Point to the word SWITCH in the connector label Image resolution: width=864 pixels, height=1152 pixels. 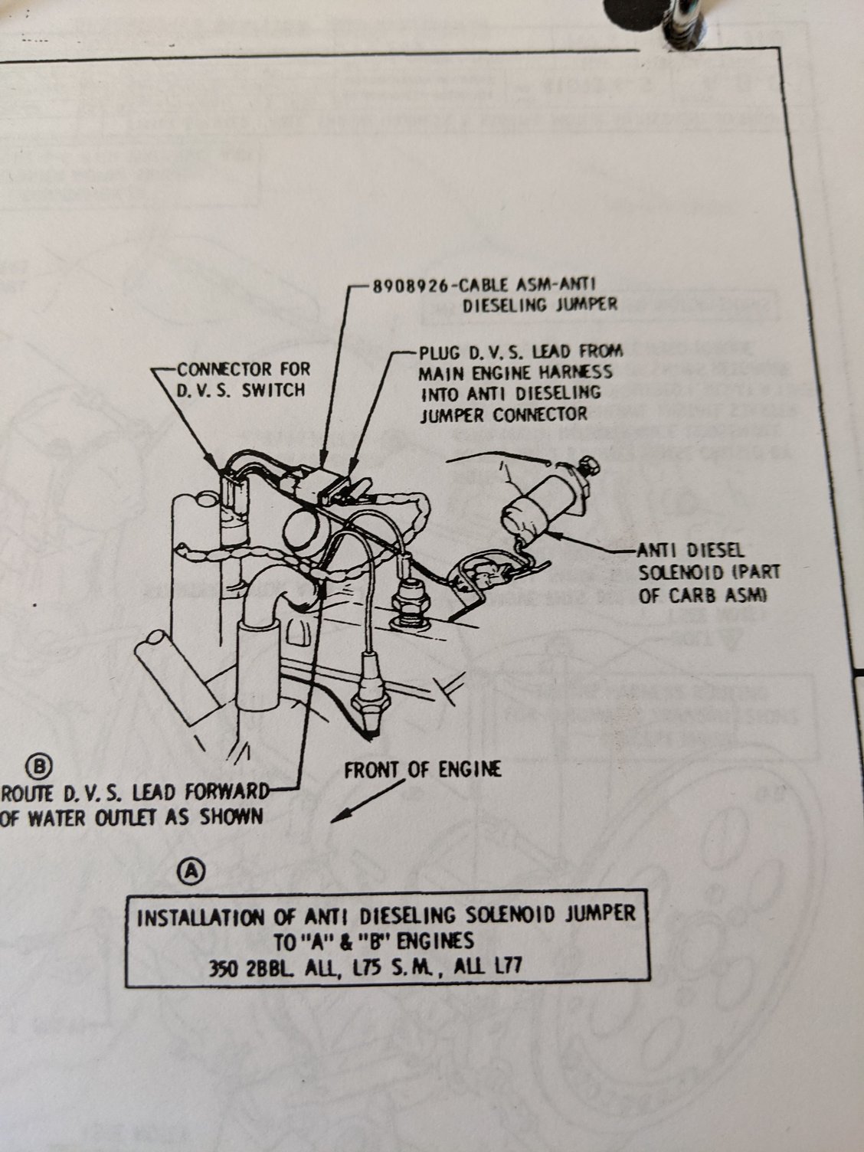point(273,390)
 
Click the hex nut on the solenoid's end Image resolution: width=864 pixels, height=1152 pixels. point(591,464)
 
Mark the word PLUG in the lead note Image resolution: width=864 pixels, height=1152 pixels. point(439,353)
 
